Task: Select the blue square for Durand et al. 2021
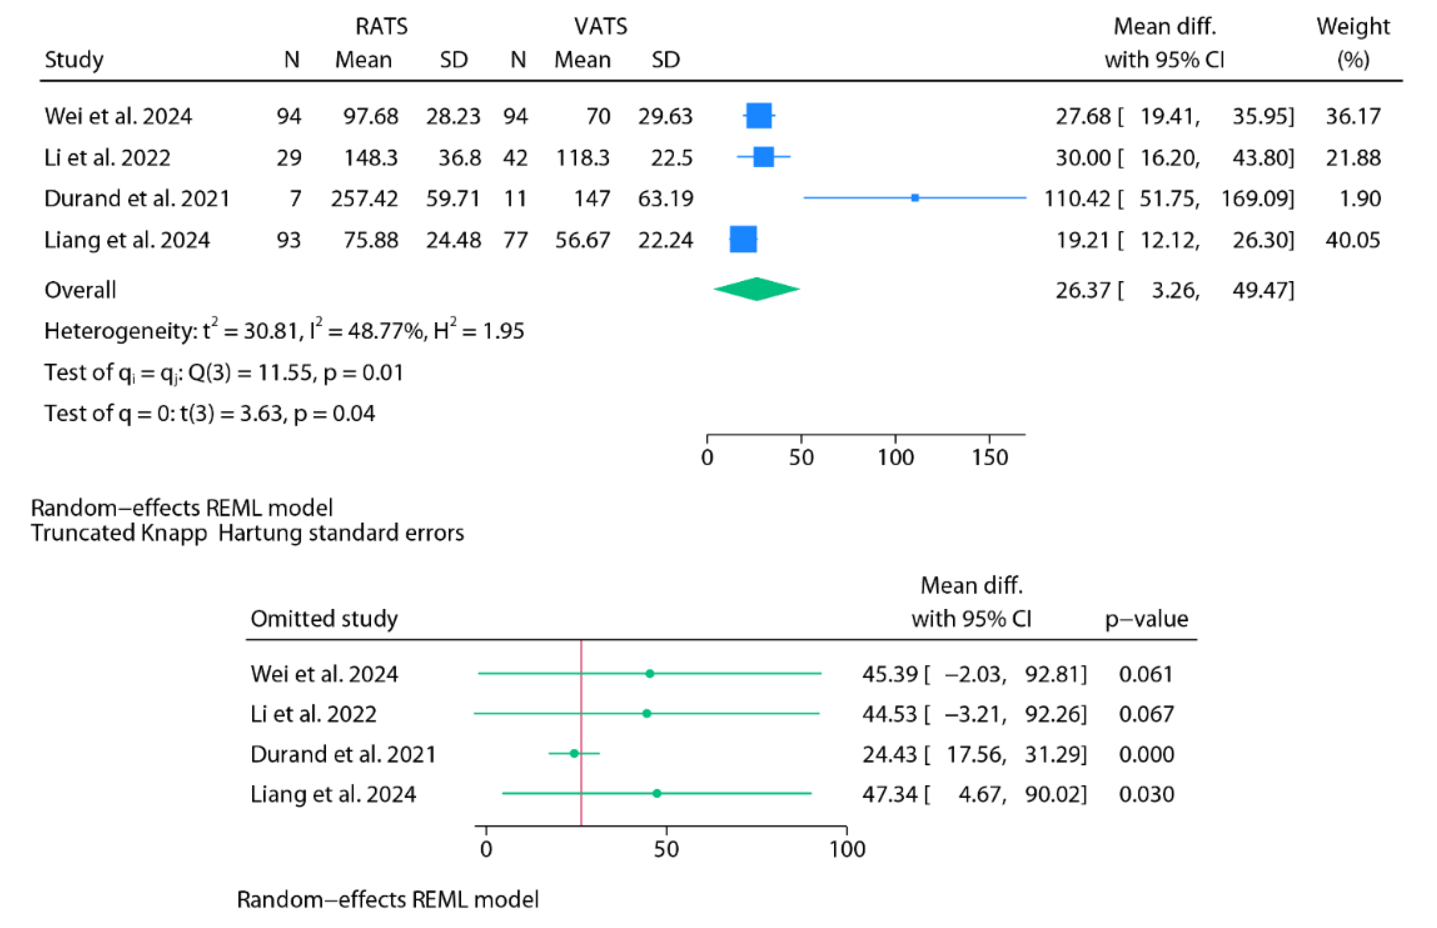point(915,197)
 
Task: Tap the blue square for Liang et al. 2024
point(743,239)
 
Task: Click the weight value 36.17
point(1352,116)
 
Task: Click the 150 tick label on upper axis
point(989,457)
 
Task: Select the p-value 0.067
point(1146,714)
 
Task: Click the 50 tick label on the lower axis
point(666,849)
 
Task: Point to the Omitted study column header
point(324,619)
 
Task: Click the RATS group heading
point(381,27)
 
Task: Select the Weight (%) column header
point(1352,42)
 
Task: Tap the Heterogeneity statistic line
point(284,331)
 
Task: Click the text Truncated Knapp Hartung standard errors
point(247,533)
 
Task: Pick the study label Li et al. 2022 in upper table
point(107,158)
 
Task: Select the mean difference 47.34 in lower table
point(889,794)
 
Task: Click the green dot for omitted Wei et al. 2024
point(649,673)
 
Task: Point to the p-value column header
point(1146,619)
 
